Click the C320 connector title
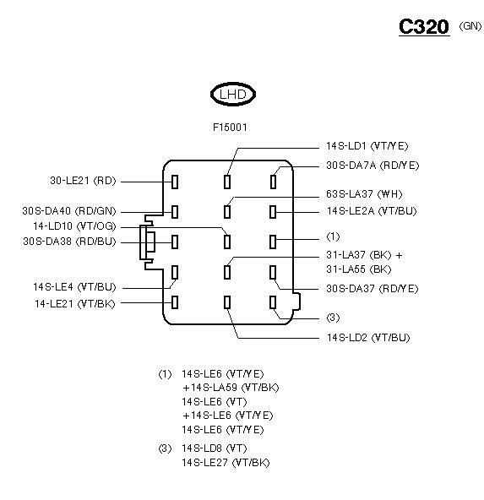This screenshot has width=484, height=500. (424, 26)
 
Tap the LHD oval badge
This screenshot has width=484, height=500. (233, 94)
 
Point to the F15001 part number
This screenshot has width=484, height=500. (230, 128)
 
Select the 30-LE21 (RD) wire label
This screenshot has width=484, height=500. (83, 181)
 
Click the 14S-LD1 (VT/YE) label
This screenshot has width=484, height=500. (367, 146)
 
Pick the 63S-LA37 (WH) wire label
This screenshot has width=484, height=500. (364, 194)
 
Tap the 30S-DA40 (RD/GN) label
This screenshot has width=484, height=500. (69, 211)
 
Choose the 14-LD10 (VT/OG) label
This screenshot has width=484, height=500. (74, 226)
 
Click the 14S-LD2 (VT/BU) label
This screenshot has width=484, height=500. (368, 337)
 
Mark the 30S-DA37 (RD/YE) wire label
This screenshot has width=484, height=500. (373, 289)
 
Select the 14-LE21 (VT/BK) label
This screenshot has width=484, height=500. (75, 303)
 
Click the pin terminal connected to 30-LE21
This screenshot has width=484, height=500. (175, 182)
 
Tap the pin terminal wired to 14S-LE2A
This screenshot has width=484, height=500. (273, 212)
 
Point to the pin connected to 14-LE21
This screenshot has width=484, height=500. (175, 302)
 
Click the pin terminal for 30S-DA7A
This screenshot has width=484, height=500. (273, 182)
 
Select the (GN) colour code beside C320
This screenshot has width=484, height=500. (470, 26)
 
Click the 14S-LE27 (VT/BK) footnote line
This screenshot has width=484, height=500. (226, 463)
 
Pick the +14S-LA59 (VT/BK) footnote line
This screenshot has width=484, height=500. (231, 388)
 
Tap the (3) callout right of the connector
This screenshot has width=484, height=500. (333, 318)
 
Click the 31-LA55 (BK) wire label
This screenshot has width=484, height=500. (359, 269)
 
